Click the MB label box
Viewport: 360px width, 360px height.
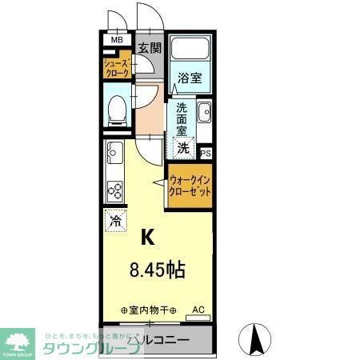117,39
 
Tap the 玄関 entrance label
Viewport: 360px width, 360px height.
149,47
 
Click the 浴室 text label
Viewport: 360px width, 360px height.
190,79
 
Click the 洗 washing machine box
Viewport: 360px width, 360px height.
184,147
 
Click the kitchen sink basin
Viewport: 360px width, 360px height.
113,150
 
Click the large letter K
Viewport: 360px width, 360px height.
149,237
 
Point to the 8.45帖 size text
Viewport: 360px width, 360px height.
157,270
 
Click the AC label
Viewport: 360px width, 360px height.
198,308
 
